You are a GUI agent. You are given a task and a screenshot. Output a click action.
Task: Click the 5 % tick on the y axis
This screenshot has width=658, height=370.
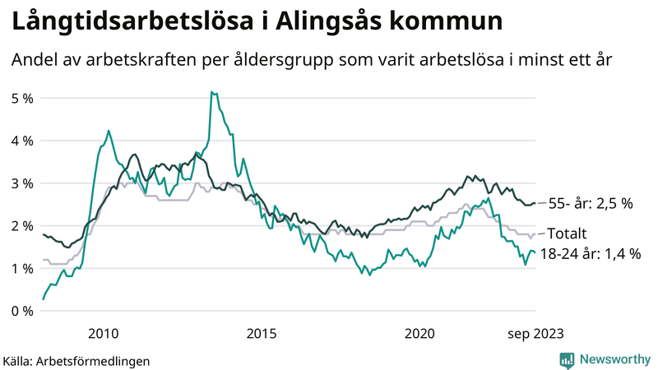click(21, 98)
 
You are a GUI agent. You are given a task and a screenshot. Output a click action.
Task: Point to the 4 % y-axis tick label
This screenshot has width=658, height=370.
click(21, 141)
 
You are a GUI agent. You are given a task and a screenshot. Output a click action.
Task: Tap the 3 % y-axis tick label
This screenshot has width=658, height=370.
click(21, 183)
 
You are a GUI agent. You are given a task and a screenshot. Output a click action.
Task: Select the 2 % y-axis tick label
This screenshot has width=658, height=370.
click(21, 226)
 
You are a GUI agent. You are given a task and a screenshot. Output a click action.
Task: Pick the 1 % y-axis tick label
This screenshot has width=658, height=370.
click(21, 269)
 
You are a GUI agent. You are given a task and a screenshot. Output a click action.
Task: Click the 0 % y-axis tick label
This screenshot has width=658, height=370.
click(21, 311)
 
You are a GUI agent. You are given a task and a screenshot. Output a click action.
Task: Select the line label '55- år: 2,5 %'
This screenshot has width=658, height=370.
click(590, 203)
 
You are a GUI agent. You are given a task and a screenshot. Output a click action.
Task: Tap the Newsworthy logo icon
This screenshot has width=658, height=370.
click(567, 359)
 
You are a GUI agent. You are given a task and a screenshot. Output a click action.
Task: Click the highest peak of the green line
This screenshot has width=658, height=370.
click(212, 93)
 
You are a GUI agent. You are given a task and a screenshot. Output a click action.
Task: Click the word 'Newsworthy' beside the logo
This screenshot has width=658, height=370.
click(614, 359)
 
